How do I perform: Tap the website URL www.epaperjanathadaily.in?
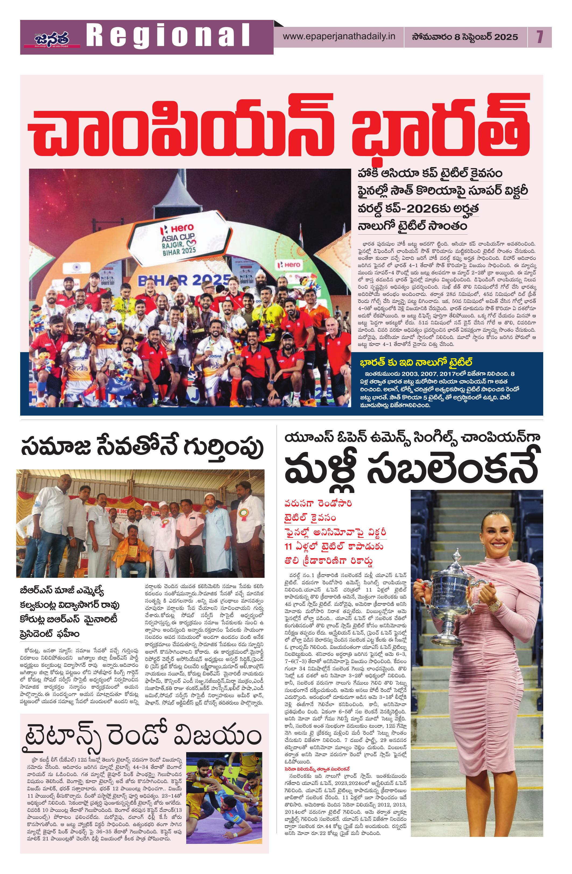339,37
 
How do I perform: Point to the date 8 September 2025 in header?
465,37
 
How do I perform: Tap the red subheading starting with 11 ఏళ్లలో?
334,546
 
